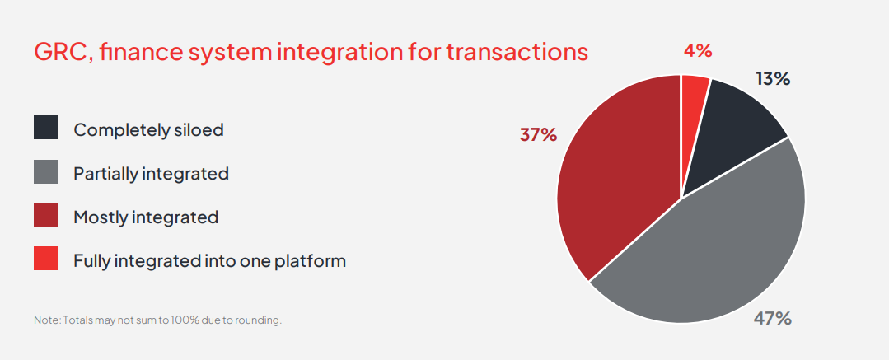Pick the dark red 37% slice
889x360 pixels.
coord(618,181)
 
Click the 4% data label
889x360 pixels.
coord(697,51)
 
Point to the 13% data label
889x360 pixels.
coord(773,79)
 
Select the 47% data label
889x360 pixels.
coord(772,319)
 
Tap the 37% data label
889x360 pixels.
coord(538,135)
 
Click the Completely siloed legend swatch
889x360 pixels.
coord(46,128)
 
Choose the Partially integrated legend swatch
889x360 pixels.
coord(46,172)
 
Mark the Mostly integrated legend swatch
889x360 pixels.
coord(46,216)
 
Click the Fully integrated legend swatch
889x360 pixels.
coord(46,259)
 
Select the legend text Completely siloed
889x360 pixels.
coord(148,130)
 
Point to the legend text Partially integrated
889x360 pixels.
coord(152,174)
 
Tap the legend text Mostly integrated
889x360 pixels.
coord(147,217)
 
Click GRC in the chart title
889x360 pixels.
coord(63,52)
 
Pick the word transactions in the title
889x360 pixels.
coord(517,52)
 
